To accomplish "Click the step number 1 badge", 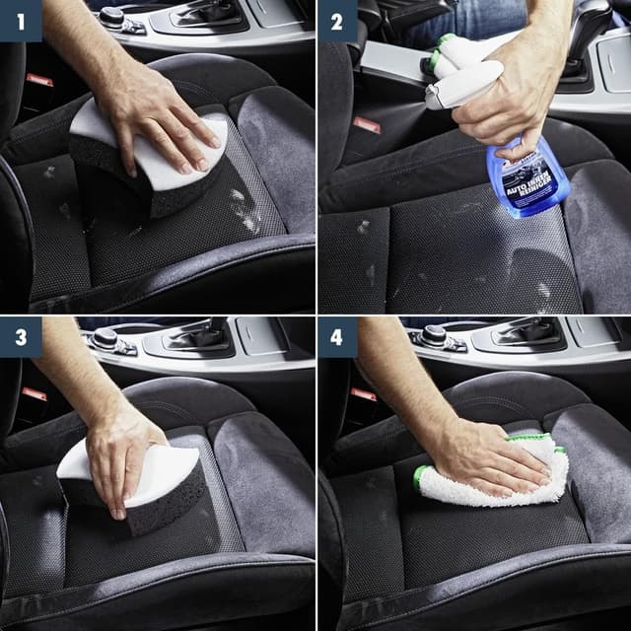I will tap(20, 20).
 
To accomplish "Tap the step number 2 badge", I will tap(337, 20).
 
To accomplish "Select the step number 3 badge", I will tap(20, 337).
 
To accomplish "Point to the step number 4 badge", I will tap(337, 337).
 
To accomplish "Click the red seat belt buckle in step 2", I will tap(367, 124).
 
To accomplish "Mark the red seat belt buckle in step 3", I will tap(35, 393).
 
